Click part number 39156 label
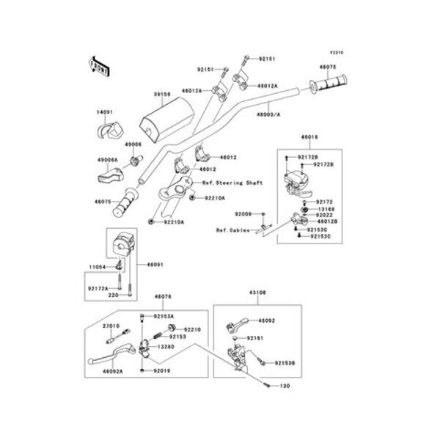pyautogui.click(x=162, y=94)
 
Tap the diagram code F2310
pyautogui.click(x=337, y=53)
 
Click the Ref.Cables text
pyautogui.click(x=230, y=230)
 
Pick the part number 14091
pyautogui.click(x=106, y=112)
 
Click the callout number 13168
pyautogui.click(x=326, y=208)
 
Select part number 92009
pyautogui.click(x=243, y=213)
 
